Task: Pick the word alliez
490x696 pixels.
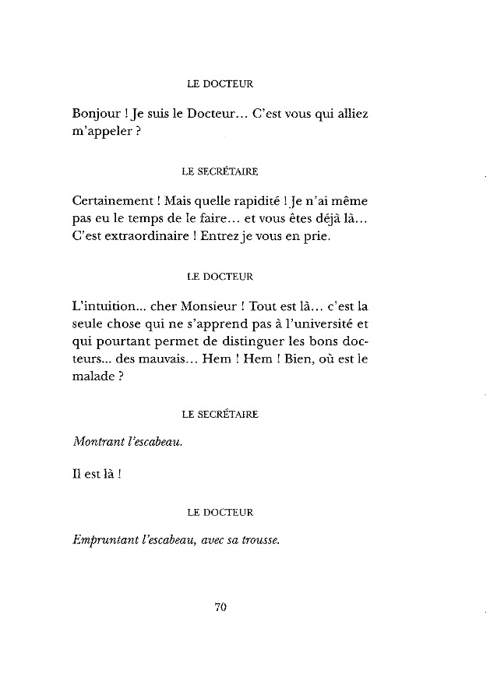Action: coord(351,114)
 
